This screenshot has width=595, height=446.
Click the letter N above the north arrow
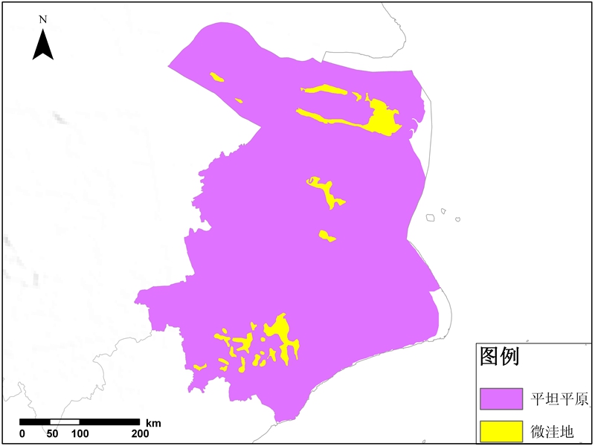tap(43, 19)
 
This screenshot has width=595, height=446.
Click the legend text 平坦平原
tap(559, 398)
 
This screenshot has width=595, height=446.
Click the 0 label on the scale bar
tap(22, 434)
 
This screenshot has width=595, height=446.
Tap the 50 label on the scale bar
tap(52, 434)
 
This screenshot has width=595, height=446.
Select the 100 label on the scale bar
tap(80, 434)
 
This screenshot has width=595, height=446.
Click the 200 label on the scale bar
tap(139, 434)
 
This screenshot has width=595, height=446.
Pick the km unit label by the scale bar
tap(153, 423)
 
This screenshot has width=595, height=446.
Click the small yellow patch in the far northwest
tap(217, 76)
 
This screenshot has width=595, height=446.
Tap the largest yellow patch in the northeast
tap(384, 117)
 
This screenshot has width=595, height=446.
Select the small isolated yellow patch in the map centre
tap(327, 236)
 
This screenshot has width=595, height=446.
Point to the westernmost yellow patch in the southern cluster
tap(199, 366)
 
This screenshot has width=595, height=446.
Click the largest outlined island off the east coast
tap(430, 218)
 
